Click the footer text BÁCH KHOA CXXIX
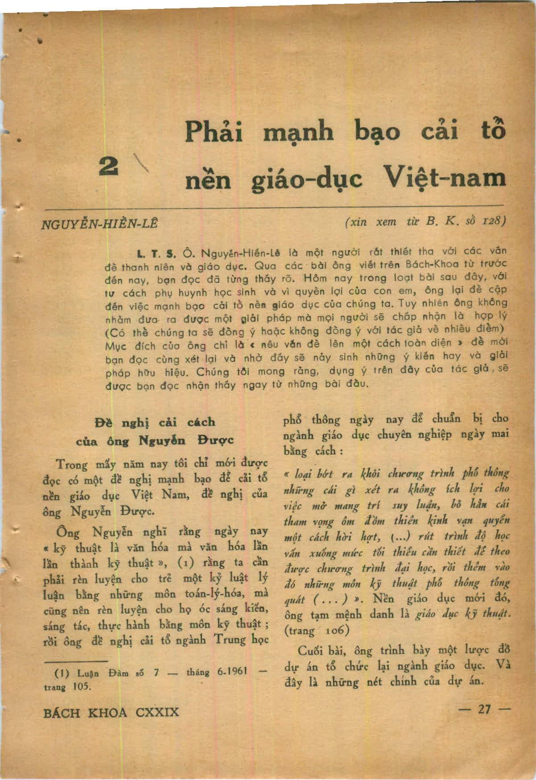click(x=111, y=712)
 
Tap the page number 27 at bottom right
click(x=484, y=709)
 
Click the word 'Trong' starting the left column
click(x=71, y=464)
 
